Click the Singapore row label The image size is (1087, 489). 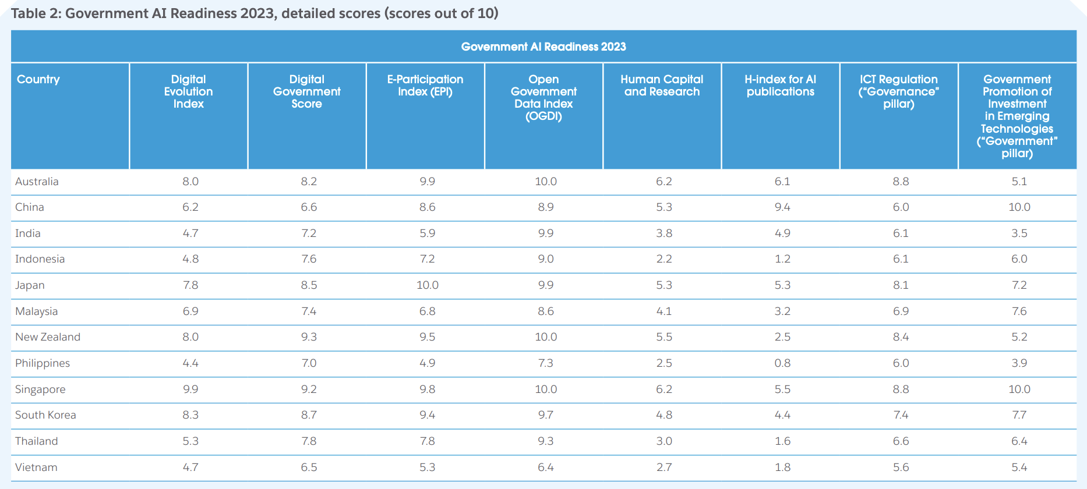pyautogui.click(x=40, y=389)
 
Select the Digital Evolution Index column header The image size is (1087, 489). pyautogui.click(x=188, y=91)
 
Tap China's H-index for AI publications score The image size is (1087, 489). pyautogui.click(x=782, y=207)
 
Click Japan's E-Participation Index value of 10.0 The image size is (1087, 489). pyautogui.click(x=427, y=285)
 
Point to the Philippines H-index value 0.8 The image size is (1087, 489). pyautogui.click(x=782, y=363)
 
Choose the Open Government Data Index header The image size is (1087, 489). pyautogui.click(x=543, y=98)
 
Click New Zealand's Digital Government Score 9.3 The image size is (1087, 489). pyautogui.click(x=309, y=337)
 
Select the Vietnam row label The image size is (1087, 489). pyautogui.click(x=36, y=467)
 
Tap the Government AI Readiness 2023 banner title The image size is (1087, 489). pyautogui.click(x=543, y=47)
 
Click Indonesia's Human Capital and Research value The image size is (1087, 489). pyautogui.click(x=664, y=259)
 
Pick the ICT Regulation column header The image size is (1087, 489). pyautogui.click(x=898, y=91)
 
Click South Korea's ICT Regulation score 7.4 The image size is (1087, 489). pyautogui.click(x=901, y=415)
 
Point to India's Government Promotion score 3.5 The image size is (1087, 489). pyautogui.click(x=1019, y=233)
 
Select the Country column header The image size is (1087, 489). pyautogui.click(x=38, y=79)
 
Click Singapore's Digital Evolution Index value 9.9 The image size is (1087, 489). pyautogui.click(x=190, y=389)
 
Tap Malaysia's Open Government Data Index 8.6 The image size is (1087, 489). pyautogui.click(x=545, y=311)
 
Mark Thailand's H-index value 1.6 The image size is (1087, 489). pyautogui.click(x=782, y=441)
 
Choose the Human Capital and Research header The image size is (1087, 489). pyautogui.click(x=662, y=86)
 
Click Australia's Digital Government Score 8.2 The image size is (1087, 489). pyautogui.click(x=309, y=182)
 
